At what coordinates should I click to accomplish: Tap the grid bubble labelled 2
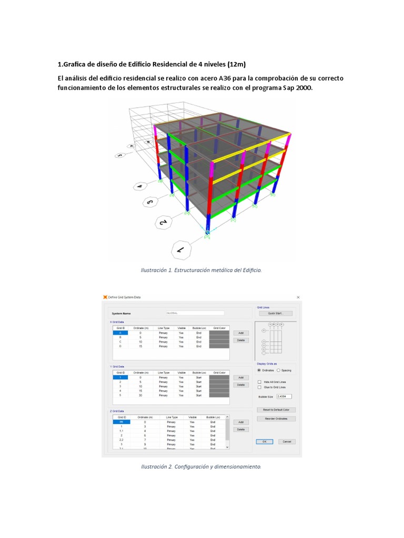pos(164,223)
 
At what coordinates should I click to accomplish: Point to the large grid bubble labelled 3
pos(150,201)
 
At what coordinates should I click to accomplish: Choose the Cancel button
pos(287,441)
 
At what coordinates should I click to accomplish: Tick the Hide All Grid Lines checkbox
pos(259,382)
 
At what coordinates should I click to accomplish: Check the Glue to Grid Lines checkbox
pos(259,387)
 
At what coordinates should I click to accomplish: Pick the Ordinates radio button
pos(259,370)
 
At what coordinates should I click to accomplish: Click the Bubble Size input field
pos(284,397)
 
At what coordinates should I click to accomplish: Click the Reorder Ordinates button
pos(276,419)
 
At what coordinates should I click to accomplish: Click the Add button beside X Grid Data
pos(240,333)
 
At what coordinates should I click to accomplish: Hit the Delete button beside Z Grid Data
pos(240,429)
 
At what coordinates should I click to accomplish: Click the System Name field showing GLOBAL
pos(195,313)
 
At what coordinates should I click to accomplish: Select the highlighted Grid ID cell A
pos(120,333)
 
